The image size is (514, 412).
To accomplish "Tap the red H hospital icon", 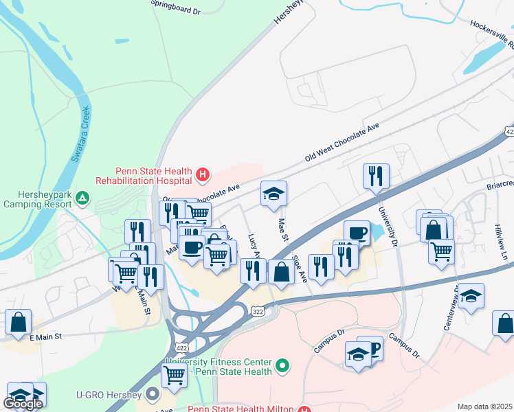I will pyautogui.click(x=202, y=175).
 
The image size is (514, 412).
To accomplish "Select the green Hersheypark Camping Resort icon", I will pyautogui.click(x=82, y=198).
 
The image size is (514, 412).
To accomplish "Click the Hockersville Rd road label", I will pyautogui.click(x=492, y=34).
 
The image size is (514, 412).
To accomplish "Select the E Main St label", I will pyautogui.click(x=46, y=336).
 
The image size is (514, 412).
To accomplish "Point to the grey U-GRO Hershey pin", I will pyautogui.click(x=153, y=395).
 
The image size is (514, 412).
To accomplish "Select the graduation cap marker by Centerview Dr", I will pyautogui.click(x=471, y=296).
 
